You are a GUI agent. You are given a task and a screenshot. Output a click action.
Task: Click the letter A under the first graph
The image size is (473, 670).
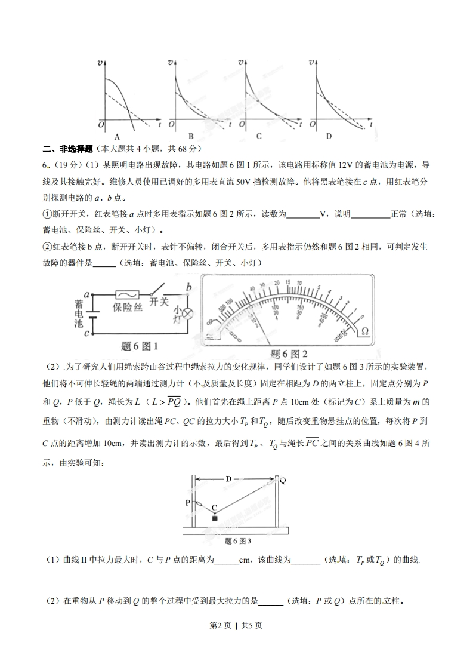(x=118, y=136)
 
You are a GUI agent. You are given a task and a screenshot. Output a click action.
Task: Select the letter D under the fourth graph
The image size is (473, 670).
(x=329, y=136)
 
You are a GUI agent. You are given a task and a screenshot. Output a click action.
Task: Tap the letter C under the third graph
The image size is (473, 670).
(x=259, y=136)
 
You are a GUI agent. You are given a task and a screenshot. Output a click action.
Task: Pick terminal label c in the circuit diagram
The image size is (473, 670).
(x=86, y=333)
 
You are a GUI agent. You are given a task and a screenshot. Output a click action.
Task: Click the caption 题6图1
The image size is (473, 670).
(x=138, y=346)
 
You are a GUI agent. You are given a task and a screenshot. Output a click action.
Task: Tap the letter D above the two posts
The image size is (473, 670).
(x=228, y=478)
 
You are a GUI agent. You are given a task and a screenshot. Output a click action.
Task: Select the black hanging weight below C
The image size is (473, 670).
(x=214, y=518)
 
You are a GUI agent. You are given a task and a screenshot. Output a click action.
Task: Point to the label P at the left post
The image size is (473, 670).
(x=187, y=503)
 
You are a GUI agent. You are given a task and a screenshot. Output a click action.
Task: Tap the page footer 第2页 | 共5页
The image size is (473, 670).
(x=237, y=625)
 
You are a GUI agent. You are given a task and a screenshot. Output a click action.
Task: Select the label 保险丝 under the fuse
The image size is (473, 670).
(x=127, y=307)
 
